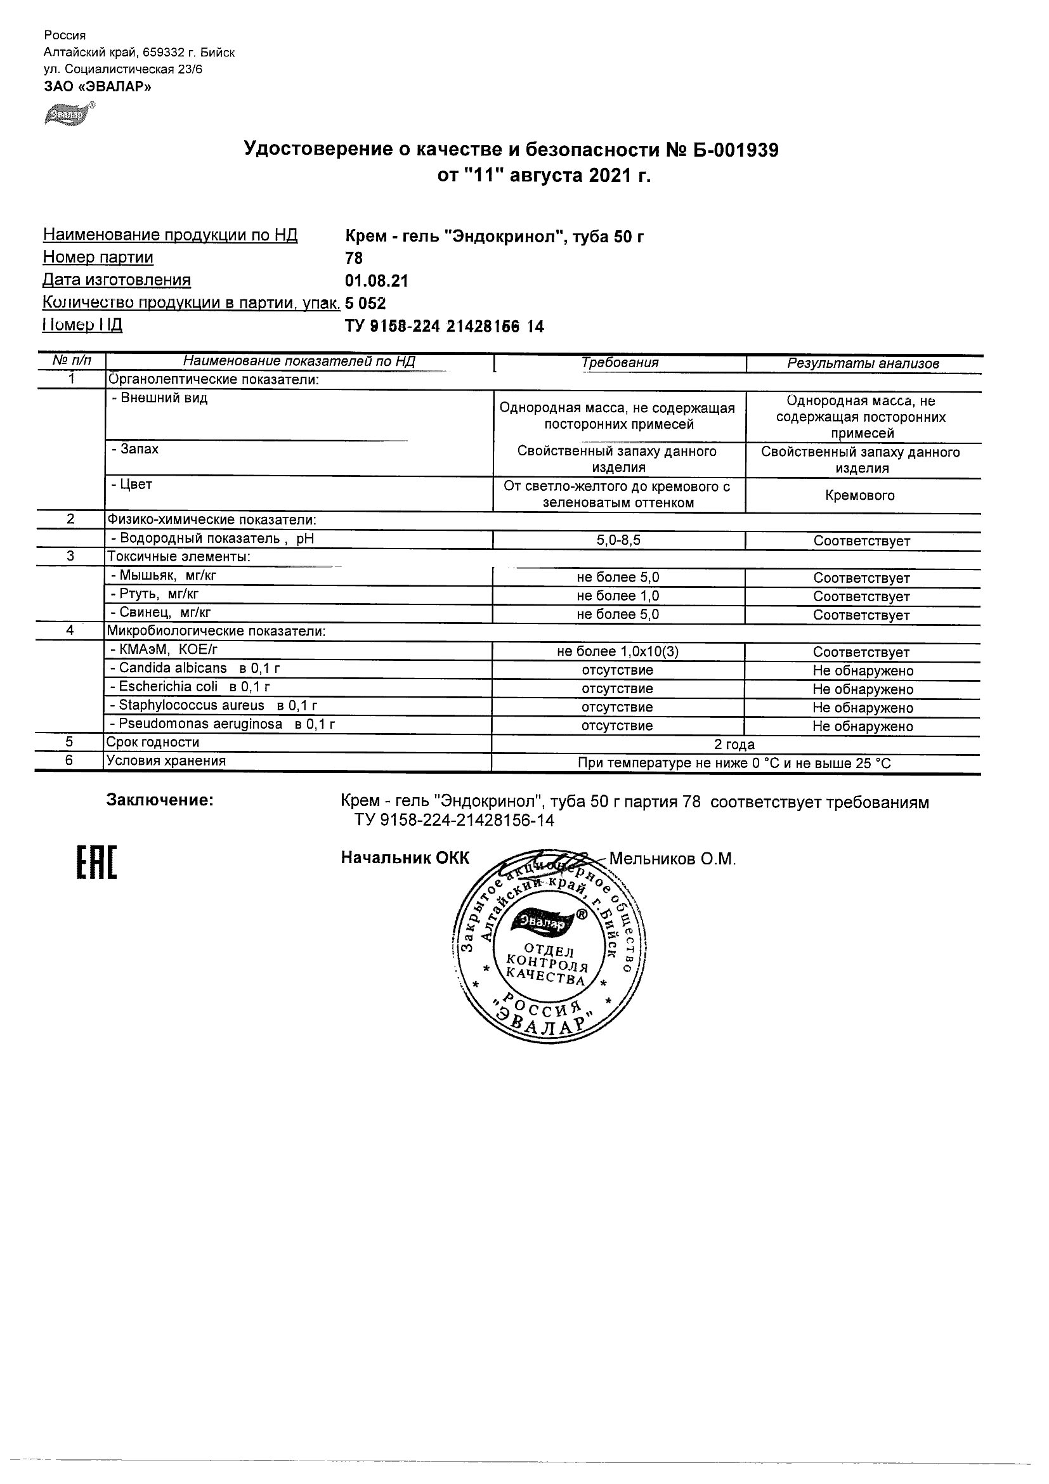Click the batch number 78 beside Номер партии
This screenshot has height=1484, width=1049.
(x=354, y=259)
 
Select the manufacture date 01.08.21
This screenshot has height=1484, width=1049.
(x=377, y=280)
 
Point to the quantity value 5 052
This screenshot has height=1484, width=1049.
(x=366, y=303)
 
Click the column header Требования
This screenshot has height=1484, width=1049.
(x=619, y=363)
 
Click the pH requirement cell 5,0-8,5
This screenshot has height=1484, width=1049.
(x=618, y=540)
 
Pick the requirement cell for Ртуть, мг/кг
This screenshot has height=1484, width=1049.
(x=618, y=596)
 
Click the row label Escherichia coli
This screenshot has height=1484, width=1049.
(x=168, y=687)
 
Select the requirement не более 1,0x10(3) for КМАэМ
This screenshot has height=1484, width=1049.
(x=618, y=652)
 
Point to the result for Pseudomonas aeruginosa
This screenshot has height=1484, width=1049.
(x=863, y=727)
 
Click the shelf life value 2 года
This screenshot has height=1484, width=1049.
(x=735, y=745)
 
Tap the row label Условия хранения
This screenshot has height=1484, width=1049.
(x=166, y=761)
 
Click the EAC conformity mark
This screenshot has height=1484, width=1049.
(x=97, y=863)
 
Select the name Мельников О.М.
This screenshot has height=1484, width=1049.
(x=673, y=859)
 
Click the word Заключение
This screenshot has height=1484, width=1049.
(x=160, y=800)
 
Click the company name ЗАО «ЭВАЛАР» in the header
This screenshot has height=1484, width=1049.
(x=98, y=87)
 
